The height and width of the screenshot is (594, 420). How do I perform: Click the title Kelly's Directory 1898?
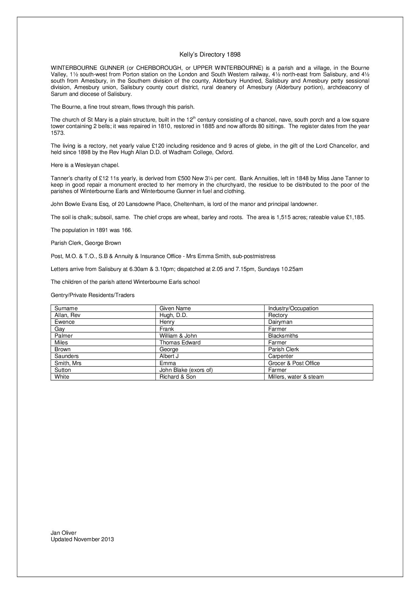coord(210,55)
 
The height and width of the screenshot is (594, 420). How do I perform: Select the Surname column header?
coord(66,308)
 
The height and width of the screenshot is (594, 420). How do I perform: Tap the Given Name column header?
coord(175,308)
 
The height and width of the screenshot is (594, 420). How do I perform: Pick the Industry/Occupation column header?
coord(293,308)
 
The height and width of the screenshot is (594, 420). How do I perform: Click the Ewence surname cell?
coord(64,322)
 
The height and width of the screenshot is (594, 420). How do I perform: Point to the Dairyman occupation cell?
coord(280,322)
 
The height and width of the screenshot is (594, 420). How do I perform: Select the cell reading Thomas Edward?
coord(180,342)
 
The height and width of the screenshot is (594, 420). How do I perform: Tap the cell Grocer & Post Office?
coord(294,363)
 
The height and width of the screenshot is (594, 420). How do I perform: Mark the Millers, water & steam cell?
coord(296,377)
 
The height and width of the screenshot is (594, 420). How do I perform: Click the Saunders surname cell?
coord(66,356)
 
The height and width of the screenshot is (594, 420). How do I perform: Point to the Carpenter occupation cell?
coord(281,356)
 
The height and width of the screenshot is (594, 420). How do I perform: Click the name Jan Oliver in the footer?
coord(64,533)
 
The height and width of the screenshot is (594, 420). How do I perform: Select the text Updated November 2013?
coord(82,539)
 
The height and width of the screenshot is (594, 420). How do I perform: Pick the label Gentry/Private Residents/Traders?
coord(92,295)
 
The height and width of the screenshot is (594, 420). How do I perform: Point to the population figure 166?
coord(126,230)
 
